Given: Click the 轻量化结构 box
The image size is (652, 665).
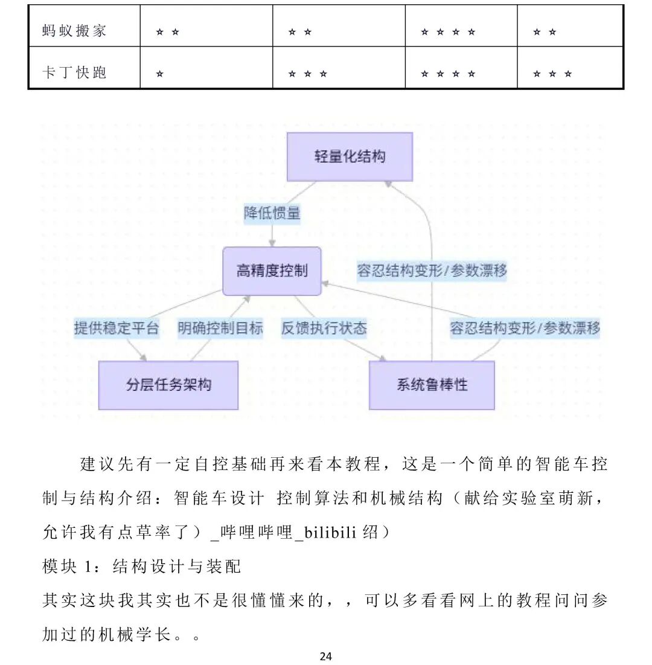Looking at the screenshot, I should [x=350, y=157].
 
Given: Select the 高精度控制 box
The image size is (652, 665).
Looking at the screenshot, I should [x=272, y=271].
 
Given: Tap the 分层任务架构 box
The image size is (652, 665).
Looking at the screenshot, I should [x=168, y=385].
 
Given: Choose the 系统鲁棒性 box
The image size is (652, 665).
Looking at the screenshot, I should [x=432, y=385].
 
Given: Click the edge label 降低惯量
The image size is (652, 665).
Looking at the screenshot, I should [x=272, y=213].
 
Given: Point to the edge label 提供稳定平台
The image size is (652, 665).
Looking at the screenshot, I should [x=117, y=328].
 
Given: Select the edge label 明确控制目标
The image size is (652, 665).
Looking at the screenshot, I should [x=220, y=328].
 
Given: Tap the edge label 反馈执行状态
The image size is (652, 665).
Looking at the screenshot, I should [x=324, y=328].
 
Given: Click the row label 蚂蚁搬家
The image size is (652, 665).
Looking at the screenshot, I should [x=75, y=31].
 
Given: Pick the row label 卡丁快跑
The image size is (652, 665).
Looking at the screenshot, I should [x=75, y=73].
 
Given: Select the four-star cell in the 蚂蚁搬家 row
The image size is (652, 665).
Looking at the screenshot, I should [x=448, y=32].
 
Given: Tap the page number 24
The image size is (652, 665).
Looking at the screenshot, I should [x=326, y=657].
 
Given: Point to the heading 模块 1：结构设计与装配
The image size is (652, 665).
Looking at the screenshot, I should [x=142, y=566].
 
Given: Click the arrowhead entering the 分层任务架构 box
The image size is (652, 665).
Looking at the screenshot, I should [x=144, y=358].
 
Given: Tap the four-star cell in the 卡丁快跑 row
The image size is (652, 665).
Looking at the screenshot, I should [x=448, y=74].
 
